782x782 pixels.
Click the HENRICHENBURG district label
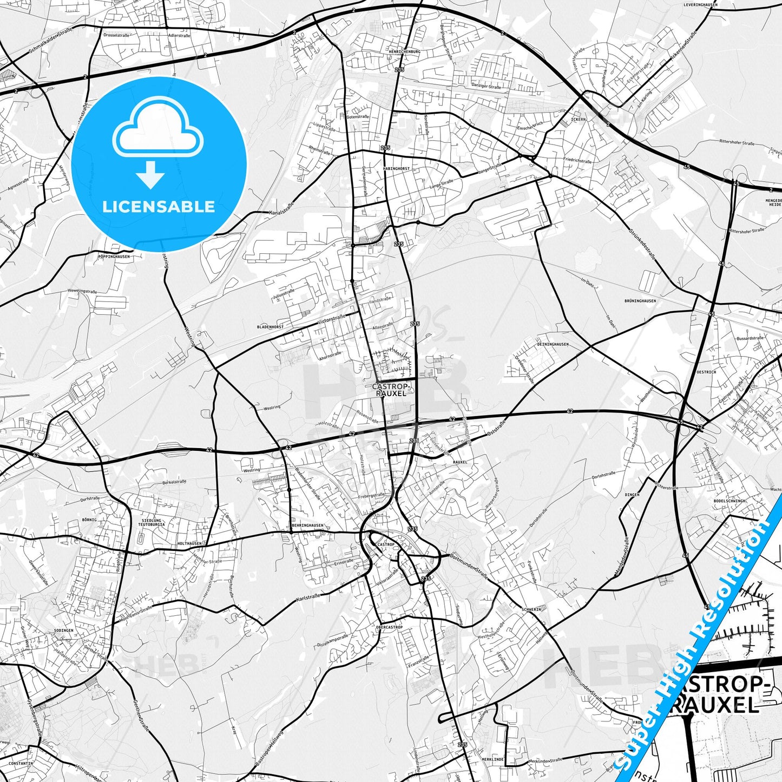click(404, 51)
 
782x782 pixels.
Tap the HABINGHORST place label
click(396, 169)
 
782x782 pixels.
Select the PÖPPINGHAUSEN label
click(114, 257)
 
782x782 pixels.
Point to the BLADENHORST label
click(270, 327)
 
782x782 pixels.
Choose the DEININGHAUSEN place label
click(553, 344)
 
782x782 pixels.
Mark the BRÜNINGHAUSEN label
click(640, 301)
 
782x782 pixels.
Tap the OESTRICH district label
click(706, 372)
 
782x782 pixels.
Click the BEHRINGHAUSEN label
click(307, 525)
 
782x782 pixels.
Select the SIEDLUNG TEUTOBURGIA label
click(150, 522)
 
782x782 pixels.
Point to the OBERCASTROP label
click(389, 627)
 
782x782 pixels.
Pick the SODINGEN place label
click(64, 631)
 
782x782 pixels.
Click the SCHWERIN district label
click(531, 609)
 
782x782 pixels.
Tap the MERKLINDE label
click(492, 760)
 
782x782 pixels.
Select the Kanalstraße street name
click(281, 210)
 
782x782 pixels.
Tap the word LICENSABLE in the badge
click(159, 206)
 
